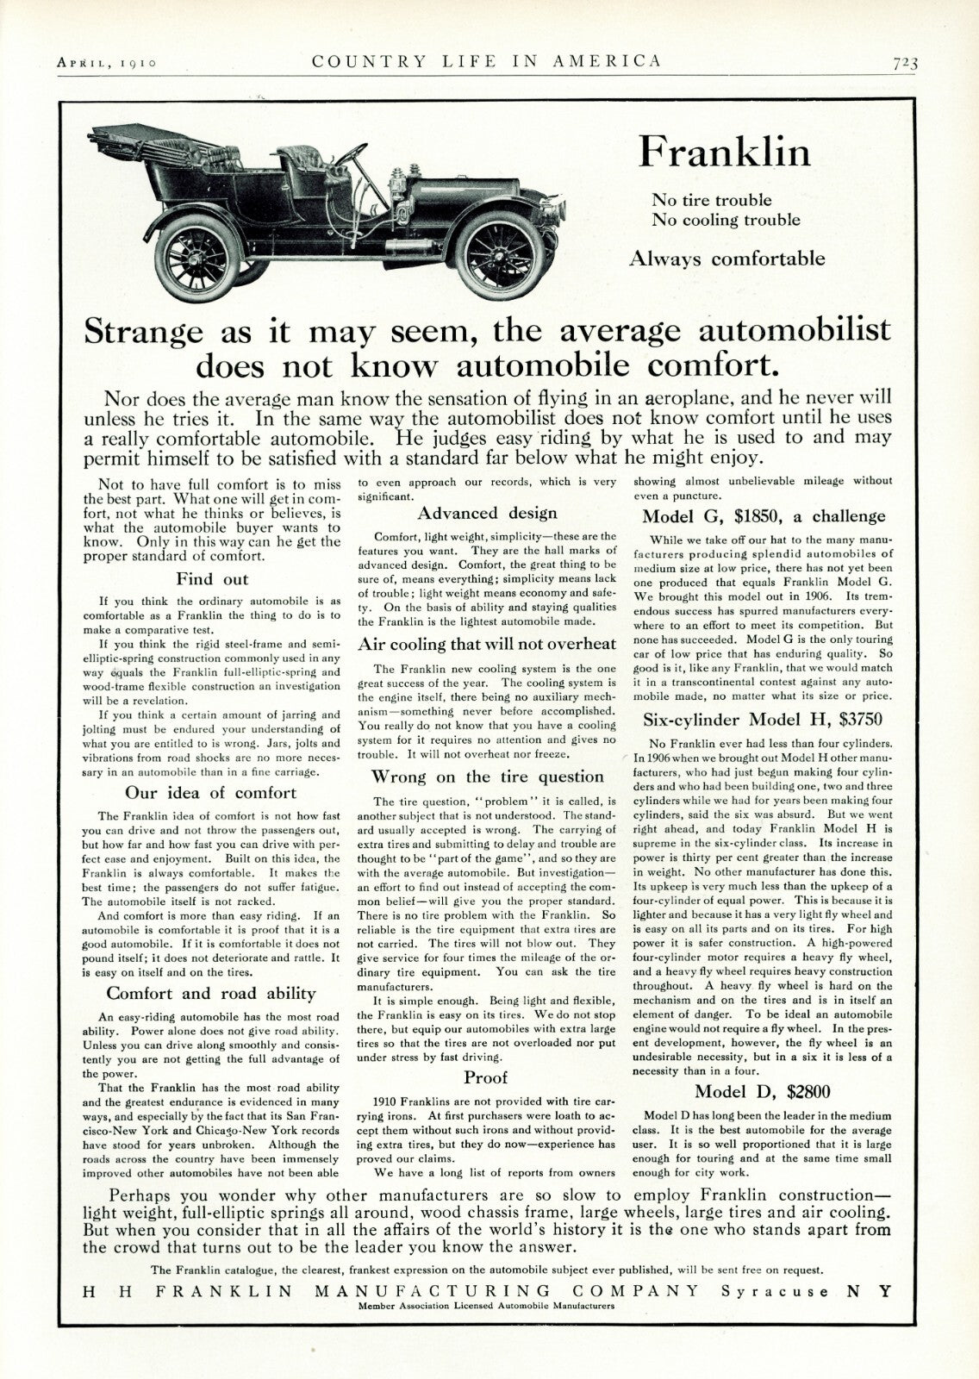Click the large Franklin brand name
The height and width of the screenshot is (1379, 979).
(x=724, y=153)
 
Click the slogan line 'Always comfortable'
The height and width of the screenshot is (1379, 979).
(x=726, y=259)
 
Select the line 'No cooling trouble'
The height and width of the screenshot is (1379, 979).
(x=726, y=220)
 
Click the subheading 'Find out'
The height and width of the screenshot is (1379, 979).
(x=211, y=579)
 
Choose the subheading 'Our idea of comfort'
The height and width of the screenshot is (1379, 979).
(x=211, y=793)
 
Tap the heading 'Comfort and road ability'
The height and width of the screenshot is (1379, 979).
(x=211, y=994)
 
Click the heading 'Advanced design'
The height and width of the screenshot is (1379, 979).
(x=487, y=514)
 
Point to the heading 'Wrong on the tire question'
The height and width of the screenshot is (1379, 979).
(x=487, y=777)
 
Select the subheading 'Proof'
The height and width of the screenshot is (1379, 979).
(x=486, y=1077)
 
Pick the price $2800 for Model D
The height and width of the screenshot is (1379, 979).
(x=809, y=1092)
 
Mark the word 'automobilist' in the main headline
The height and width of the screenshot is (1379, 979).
(x=795, y=331)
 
